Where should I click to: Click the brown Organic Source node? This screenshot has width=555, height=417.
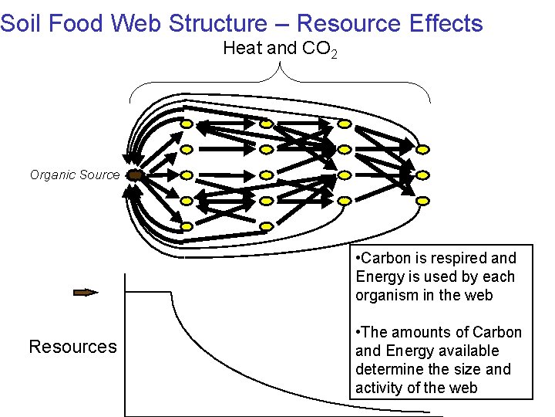point(134,175)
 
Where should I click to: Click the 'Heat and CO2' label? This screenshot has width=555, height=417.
point(278,49)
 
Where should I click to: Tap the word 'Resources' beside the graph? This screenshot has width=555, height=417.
point(72,347)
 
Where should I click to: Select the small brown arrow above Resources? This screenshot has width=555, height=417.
point(86,292)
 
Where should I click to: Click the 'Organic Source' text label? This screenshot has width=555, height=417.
point(75,175)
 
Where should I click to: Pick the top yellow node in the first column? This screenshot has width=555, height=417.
point(187,124)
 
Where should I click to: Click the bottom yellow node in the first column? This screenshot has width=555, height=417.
point(187,226)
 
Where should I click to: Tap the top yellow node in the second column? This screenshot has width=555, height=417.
point(266,124)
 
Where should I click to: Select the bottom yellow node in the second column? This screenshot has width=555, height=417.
point(266,226)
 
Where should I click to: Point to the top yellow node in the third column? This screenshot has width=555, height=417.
point(345,124)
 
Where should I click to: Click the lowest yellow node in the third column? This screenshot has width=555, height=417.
point(345,200)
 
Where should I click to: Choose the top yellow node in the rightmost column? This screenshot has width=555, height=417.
point(423,149)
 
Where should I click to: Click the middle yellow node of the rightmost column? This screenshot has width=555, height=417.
point(423,175)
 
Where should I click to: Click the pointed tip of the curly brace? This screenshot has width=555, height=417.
point(278,63)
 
